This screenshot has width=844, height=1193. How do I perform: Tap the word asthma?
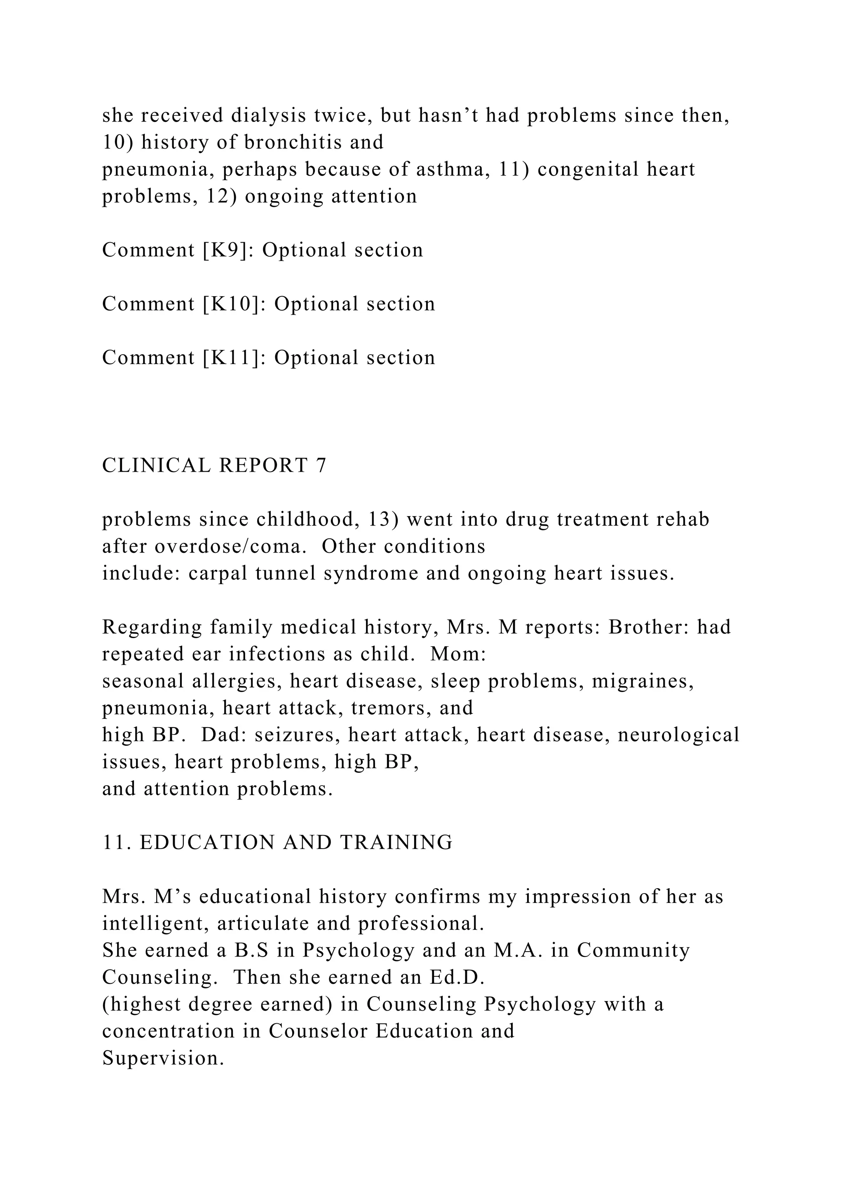(454, 169)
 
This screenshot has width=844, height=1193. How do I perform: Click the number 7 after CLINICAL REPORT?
(321, 466)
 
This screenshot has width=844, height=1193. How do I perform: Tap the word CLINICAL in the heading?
(157, 466)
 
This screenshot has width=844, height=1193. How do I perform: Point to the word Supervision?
(163, 1058)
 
